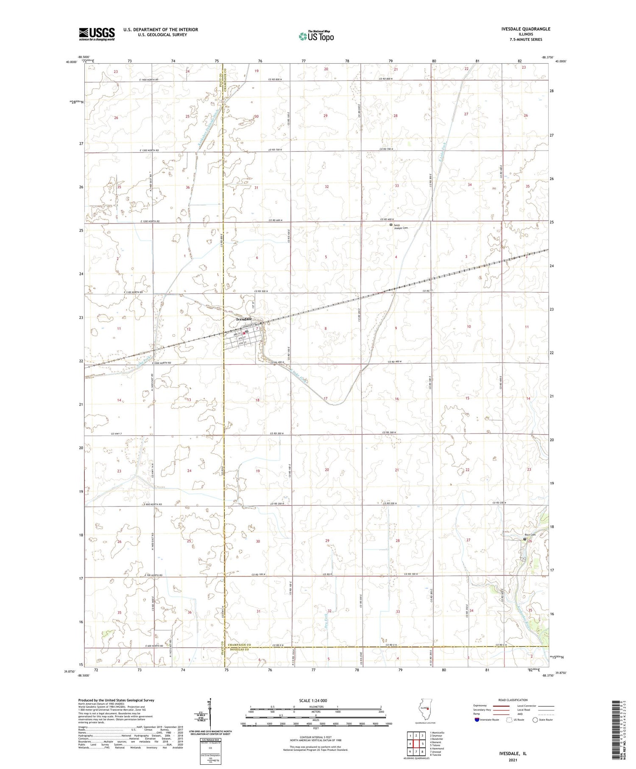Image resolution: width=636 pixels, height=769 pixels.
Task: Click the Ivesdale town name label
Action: tap(244, 319)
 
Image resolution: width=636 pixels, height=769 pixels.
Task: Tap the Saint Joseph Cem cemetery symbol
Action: tap(391, 225)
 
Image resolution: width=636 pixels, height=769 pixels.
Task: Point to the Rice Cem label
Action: tap(530, 535)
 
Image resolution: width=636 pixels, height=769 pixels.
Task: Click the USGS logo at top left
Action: tap(97, 34)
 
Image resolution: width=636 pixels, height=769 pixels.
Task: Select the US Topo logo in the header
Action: tap(316, 36)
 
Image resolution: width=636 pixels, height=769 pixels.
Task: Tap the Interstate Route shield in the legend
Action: tap(477, 719)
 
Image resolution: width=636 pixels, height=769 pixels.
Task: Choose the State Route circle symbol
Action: tap(535, 719)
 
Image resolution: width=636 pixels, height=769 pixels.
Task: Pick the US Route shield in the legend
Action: tap(509, 719)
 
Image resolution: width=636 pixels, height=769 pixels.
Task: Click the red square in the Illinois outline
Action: tap(428, 709)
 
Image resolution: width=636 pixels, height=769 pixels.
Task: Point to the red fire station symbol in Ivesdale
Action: tap(244, 333)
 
